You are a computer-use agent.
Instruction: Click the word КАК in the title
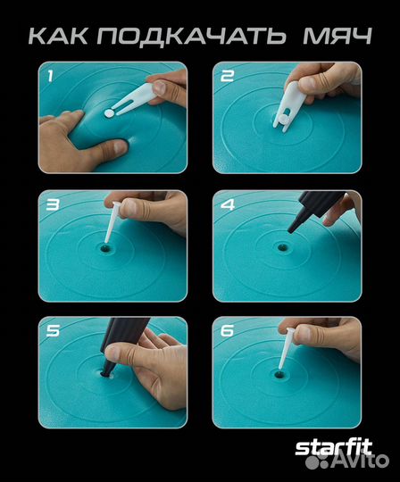[x=58, y=37]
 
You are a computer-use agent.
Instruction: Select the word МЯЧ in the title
[x=337, y=37]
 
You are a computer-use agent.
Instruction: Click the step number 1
[x=50, y=76]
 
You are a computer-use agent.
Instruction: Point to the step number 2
[x=228, y=76]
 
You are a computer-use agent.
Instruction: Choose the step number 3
[x=53, y=204]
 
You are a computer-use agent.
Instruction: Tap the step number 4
[x=228, y=204]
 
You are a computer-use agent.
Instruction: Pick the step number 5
[x=53, y=331]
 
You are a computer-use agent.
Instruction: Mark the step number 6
[x=228, y=331]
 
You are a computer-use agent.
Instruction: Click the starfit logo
[x=334, y=449]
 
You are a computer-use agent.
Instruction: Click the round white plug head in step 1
[x=109, y=113]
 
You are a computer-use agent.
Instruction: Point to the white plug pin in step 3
[x=112, y=222]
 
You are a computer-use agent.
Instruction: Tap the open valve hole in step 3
[x=105, y=247]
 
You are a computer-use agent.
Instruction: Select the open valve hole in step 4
[x=281, y=247]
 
